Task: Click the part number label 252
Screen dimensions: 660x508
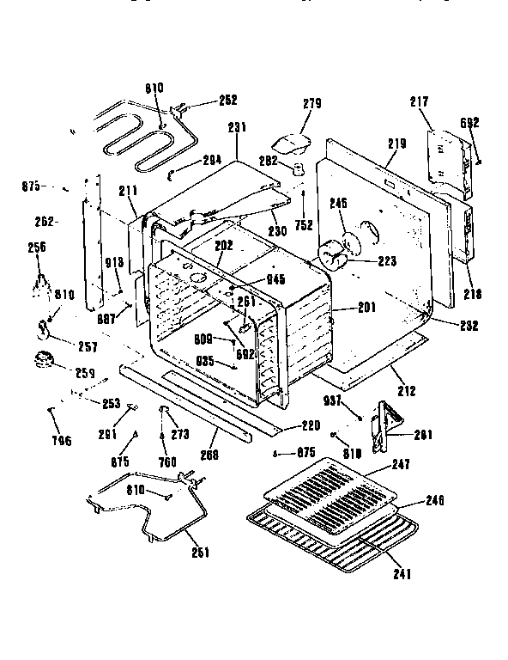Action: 227,100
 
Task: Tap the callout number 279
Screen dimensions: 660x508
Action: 311,104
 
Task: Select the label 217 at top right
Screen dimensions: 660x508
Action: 419,102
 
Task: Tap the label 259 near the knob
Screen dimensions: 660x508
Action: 85,374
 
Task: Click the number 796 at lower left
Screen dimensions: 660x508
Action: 61,441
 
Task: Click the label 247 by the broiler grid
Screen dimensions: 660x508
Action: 401,464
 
